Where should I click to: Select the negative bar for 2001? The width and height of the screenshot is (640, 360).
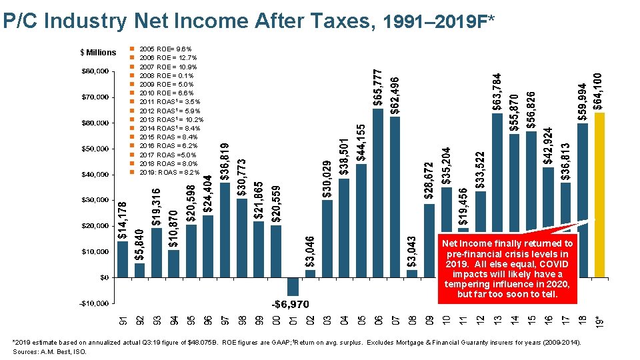[293, 286]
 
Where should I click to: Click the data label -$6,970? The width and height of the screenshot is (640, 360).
[291, 304]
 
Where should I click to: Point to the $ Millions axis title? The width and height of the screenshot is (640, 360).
[97, 53]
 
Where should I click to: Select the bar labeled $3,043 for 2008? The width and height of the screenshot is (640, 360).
[412, 273]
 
